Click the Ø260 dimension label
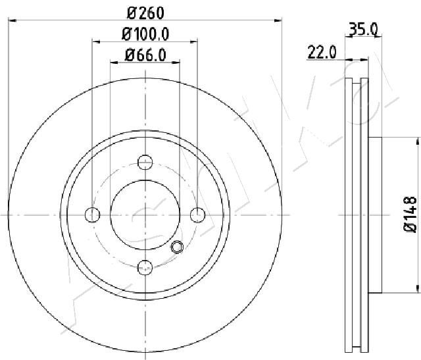145,13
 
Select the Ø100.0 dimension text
145,34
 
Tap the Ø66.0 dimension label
145,55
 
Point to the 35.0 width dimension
363,29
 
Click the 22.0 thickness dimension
322,53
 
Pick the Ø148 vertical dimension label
410,214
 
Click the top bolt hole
145,163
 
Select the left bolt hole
92,215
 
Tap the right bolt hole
198,215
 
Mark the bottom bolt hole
145,268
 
